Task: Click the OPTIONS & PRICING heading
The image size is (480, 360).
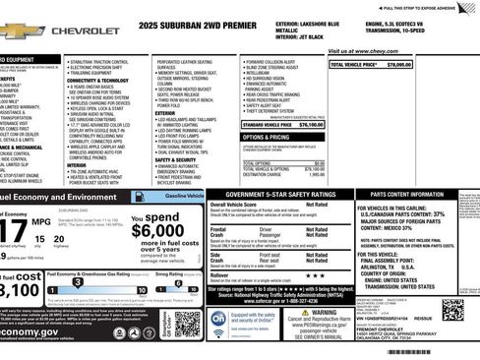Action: coord(266,138)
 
